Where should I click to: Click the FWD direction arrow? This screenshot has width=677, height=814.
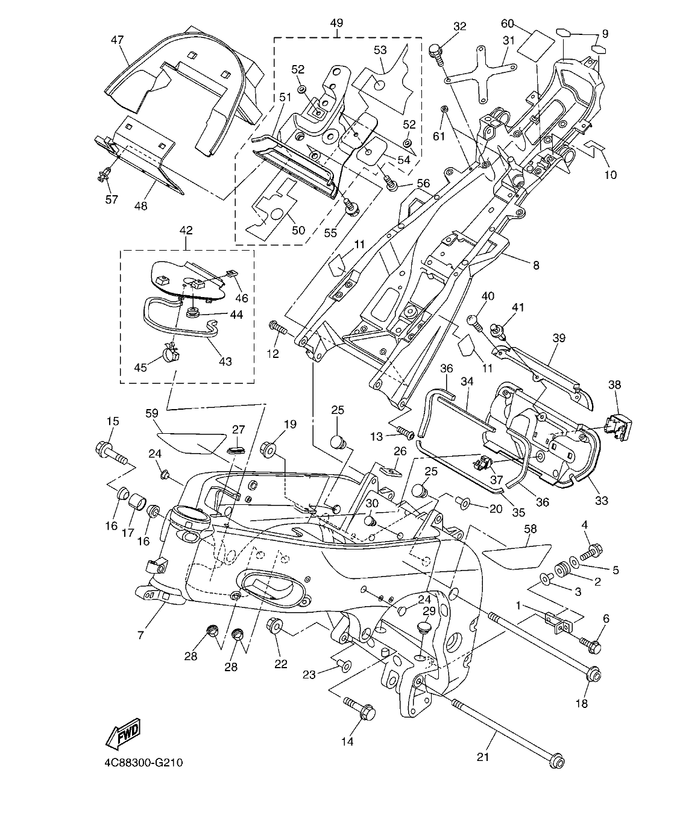tap(123, 733)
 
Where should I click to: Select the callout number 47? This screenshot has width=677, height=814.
tap(117, 40)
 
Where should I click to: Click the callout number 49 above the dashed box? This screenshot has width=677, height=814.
tap(336, 23)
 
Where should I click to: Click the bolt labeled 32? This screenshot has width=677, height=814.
tap(436, 53)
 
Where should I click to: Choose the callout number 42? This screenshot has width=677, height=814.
tap(186, 230)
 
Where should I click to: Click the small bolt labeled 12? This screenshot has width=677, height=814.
tap(279, 329)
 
